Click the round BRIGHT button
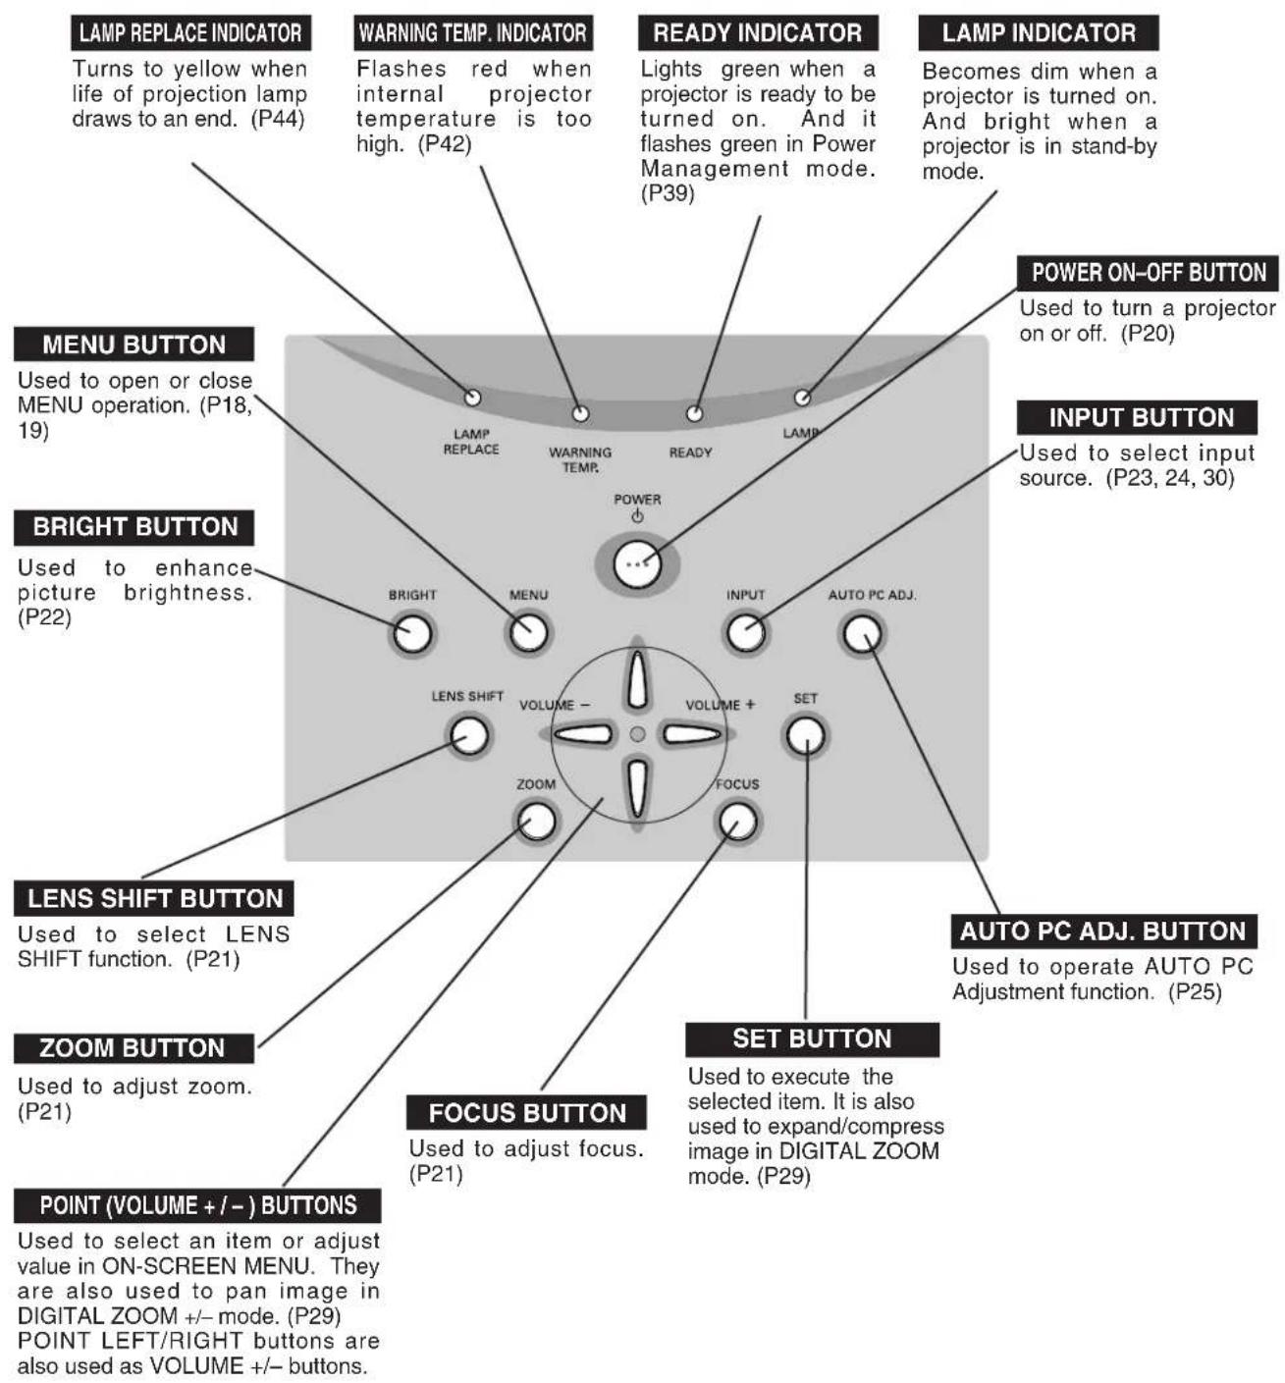pyautogui.click(x=412, y=634)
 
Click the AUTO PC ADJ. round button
pyautogui.click(x=862, y=634)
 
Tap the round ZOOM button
pyautogui.click(x=536, y=822)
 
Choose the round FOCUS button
pyautogui.click(x=737, y=822)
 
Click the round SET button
pyautogui.click(x=805, y=735)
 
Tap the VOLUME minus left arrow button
pyautogui.click(x=582, y=734)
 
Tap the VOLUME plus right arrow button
pyautogui.click(x=692, y=734)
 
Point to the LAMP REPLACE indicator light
pyautogui.click(x=473, y=398)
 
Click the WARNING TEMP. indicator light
pyautogui.click(x=580, y=413)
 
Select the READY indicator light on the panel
pyautogui.click(x=694, y=413)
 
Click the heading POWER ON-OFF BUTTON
pyautogui.click(x=1148, y=272)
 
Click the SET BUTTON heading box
pyautogui.click(x=812, y=1038)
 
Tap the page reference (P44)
pyautogui.click(x=278, y=119)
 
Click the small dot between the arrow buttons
pyautogui.click(x=637, y=734)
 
